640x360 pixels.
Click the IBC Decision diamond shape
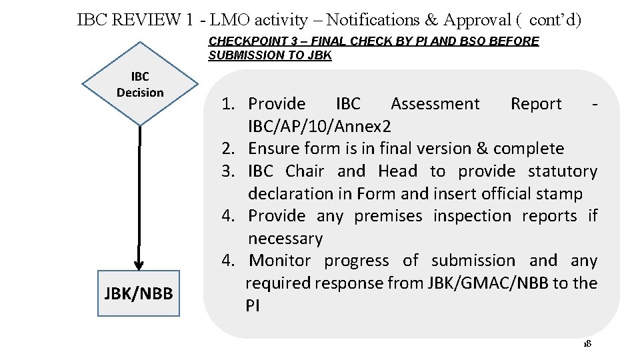click(x=140, y=85)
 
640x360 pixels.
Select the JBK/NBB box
click(x=139, y=293)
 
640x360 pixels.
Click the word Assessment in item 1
click(x=435, y=104)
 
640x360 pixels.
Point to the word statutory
click(x=563, y=171)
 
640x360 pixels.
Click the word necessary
click(x=285, y=239)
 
